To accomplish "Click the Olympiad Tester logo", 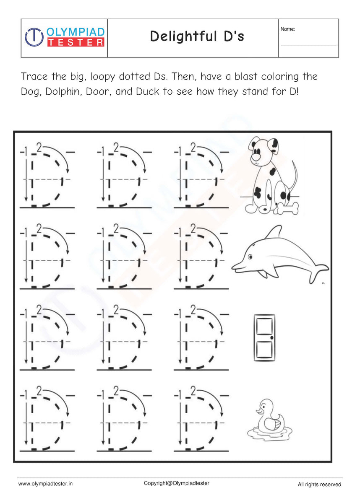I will (x=64, y=37).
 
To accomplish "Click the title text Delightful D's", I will (x=197, y=37).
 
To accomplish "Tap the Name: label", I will (x=288, y=29).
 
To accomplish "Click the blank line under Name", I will (x=308, y=45).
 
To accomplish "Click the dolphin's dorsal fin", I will (x=275, y=232).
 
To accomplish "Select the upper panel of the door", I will (x=263, y=327).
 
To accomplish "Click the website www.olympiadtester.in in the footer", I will (x=46, y=484).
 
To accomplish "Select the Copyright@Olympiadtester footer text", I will (x=176, y=483).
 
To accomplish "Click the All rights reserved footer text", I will (x=319, y=485).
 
